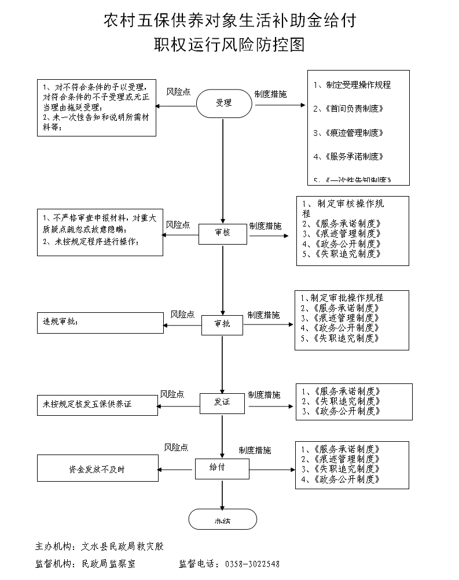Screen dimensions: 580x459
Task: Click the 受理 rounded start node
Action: click(x=223, y=104)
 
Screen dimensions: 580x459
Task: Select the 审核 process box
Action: click(x=223, y=232)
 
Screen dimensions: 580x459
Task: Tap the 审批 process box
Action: click(x=223, y=324)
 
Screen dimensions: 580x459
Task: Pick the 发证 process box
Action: click(x=223, y=403)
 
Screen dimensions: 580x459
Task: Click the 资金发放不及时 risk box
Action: click(x=98, y=469)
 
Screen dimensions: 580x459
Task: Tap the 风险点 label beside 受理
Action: click(x=178, y=92)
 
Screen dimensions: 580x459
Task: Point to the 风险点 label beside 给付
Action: click(x=176, y=448)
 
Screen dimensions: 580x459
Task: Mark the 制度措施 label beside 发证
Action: click(x=264, y=395)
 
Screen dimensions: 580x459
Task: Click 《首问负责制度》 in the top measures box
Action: click(x=355, y=109)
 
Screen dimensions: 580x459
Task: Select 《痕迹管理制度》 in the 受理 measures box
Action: click(x=355, y=133)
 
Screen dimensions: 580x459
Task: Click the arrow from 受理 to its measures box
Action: click(x=278, y=105)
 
